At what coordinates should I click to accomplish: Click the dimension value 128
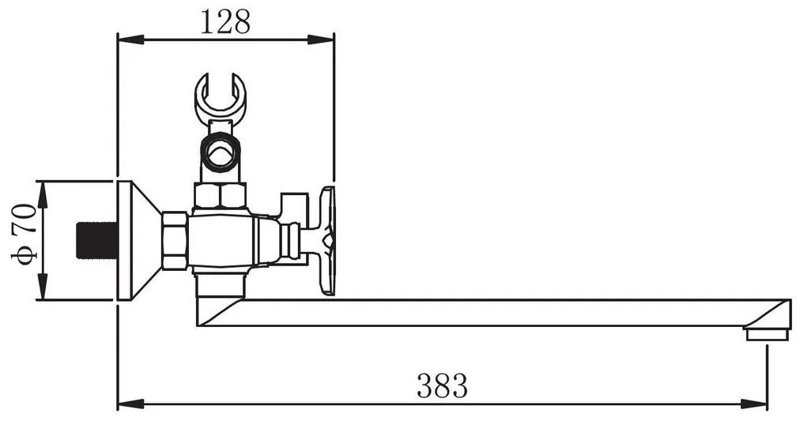225,23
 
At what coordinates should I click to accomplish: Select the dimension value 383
442,385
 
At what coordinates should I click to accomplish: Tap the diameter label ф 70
24,235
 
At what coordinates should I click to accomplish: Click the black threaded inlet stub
97,240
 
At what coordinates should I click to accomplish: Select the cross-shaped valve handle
327,240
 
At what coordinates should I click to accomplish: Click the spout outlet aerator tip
767,335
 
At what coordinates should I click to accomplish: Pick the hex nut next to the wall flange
175,241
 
